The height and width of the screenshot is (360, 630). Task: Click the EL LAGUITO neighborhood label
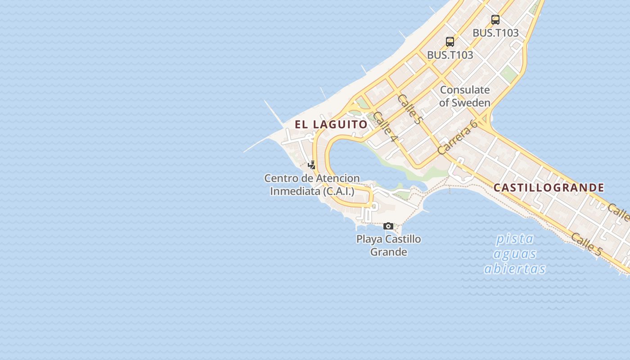pos(331,124)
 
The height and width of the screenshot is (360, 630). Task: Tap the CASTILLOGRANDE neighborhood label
pos(549,188)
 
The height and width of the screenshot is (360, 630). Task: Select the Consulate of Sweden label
pos(464,96)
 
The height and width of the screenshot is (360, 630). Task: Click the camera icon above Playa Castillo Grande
pos(388,226)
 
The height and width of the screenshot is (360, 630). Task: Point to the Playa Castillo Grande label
pos(388,245)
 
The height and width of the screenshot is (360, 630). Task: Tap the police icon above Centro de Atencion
pos(311,165)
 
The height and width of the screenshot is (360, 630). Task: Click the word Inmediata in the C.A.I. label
pos(295,191)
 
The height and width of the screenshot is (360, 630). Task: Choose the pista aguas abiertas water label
pos(515,253)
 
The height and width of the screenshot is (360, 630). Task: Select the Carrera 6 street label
pos(457,137)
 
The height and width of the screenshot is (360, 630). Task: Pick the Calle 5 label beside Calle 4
pos(409,109)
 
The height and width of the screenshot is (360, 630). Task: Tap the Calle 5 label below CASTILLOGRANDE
pos(586,244)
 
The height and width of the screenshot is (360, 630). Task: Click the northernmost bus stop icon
pos(495,20)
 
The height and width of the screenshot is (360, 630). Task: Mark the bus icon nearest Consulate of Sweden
pos(450,42)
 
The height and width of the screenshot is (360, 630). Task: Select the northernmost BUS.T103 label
pos(495,33)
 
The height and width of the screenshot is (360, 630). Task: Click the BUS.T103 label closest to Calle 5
pos(450,55)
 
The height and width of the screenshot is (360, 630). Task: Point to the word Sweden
pos(471,103)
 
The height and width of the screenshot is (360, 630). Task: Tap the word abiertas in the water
pos(515,269)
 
